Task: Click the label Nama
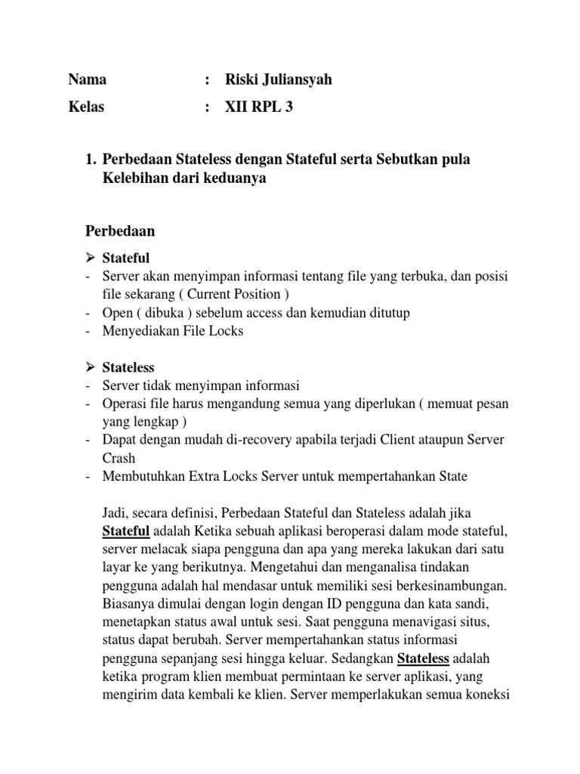(87, 79)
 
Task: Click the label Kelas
(86, 107)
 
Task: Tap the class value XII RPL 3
(259, 107)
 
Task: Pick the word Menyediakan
(138, 330)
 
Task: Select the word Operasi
(125, 404)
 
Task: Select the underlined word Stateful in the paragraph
(126, 531)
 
